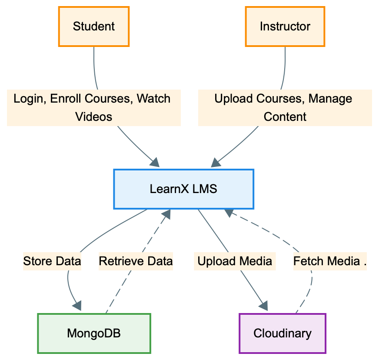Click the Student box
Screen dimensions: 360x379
tap(94, 27)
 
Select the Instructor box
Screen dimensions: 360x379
tap(285, 27)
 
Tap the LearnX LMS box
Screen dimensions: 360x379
tap(183, 189)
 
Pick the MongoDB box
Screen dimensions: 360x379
tap(94, 333)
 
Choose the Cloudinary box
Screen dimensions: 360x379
tap(283, 333)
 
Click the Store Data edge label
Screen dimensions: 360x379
tap(52, 261)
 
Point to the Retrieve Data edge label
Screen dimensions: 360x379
tap(136, 261)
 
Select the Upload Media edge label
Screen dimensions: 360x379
tap(235, 261)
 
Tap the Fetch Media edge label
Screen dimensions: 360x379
tap(329, 261)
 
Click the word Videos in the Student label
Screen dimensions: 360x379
tap(94, 117)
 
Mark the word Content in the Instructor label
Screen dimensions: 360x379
tap(285, 117)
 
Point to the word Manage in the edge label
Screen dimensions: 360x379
tap(330, 99)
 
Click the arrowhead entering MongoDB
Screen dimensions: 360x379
tap(77, 306)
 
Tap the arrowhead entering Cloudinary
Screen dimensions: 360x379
tap(263, 306)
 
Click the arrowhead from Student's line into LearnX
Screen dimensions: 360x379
tap(155, 163)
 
